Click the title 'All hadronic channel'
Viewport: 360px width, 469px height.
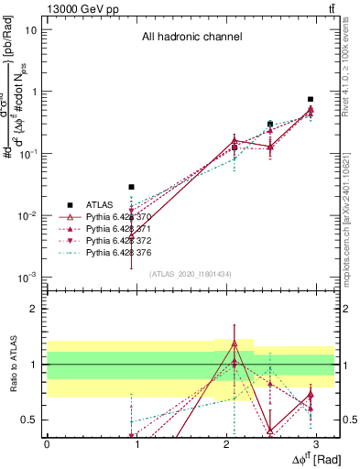pos(191,38)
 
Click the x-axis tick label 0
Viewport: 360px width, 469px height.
pos(47,443)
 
